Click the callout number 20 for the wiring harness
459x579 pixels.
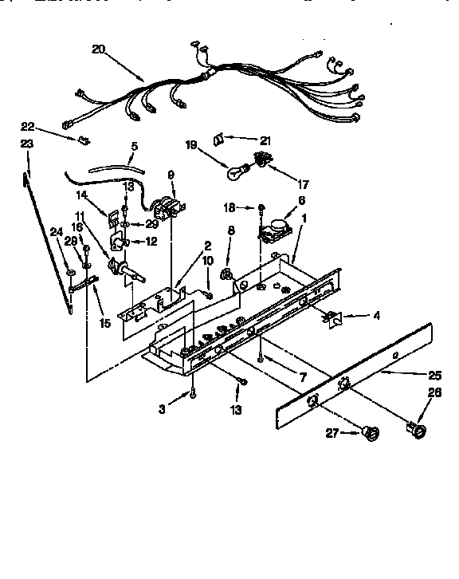click(98, 49)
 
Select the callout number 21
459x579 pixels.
click(265, 140)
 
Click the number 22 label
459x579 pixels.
click(28, 127)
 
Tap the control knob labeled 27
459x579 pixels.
click(368, 433)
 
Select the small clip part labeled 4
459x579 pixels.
click(330, 319)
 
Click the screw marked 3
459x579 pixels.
click(194, 393)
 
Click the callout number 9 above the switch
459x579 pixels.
click(171, 175)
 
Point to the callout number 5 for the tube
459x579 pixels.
click(134, 147)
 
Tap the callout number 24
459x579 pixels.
click(56, 232)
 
